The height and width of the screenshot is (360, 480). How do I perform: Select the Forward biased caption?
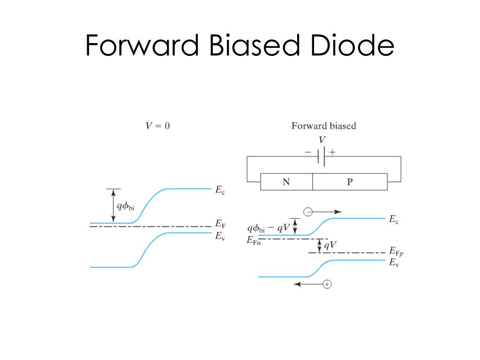(323, 126)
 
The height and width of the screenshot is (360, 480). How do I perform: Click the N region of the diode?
(286, 182)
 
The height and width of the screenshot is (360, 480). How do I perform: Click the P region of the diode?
(350, 182)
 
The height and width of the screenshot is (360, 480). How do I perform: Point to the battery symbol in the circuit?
(322, 157)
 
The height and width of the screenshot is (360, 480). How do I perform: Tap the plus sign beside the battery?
(333, 152)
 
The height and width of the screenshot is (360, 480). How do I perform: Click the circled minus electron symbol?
(308, 212)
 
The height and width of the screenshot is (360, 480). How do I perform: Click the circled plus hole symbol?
(327, 284)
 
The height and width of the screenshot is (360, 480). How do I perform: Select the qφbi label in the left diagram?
(125, 206)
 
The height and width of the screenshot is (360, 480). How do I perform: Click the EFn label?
(253, 240)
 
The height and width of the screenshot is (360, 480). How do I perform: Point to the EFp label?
(396, 253)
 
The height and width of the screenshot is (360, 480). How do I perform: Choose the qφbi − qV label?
(268, 229)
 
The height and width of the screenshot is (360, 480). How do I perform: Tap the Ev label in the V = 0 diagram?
(220, 236)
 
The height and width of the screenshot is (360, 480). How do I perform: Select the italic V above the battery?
(322, 140)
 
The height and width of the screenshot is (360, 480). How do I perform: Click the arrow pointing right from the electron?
(328, 212)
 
